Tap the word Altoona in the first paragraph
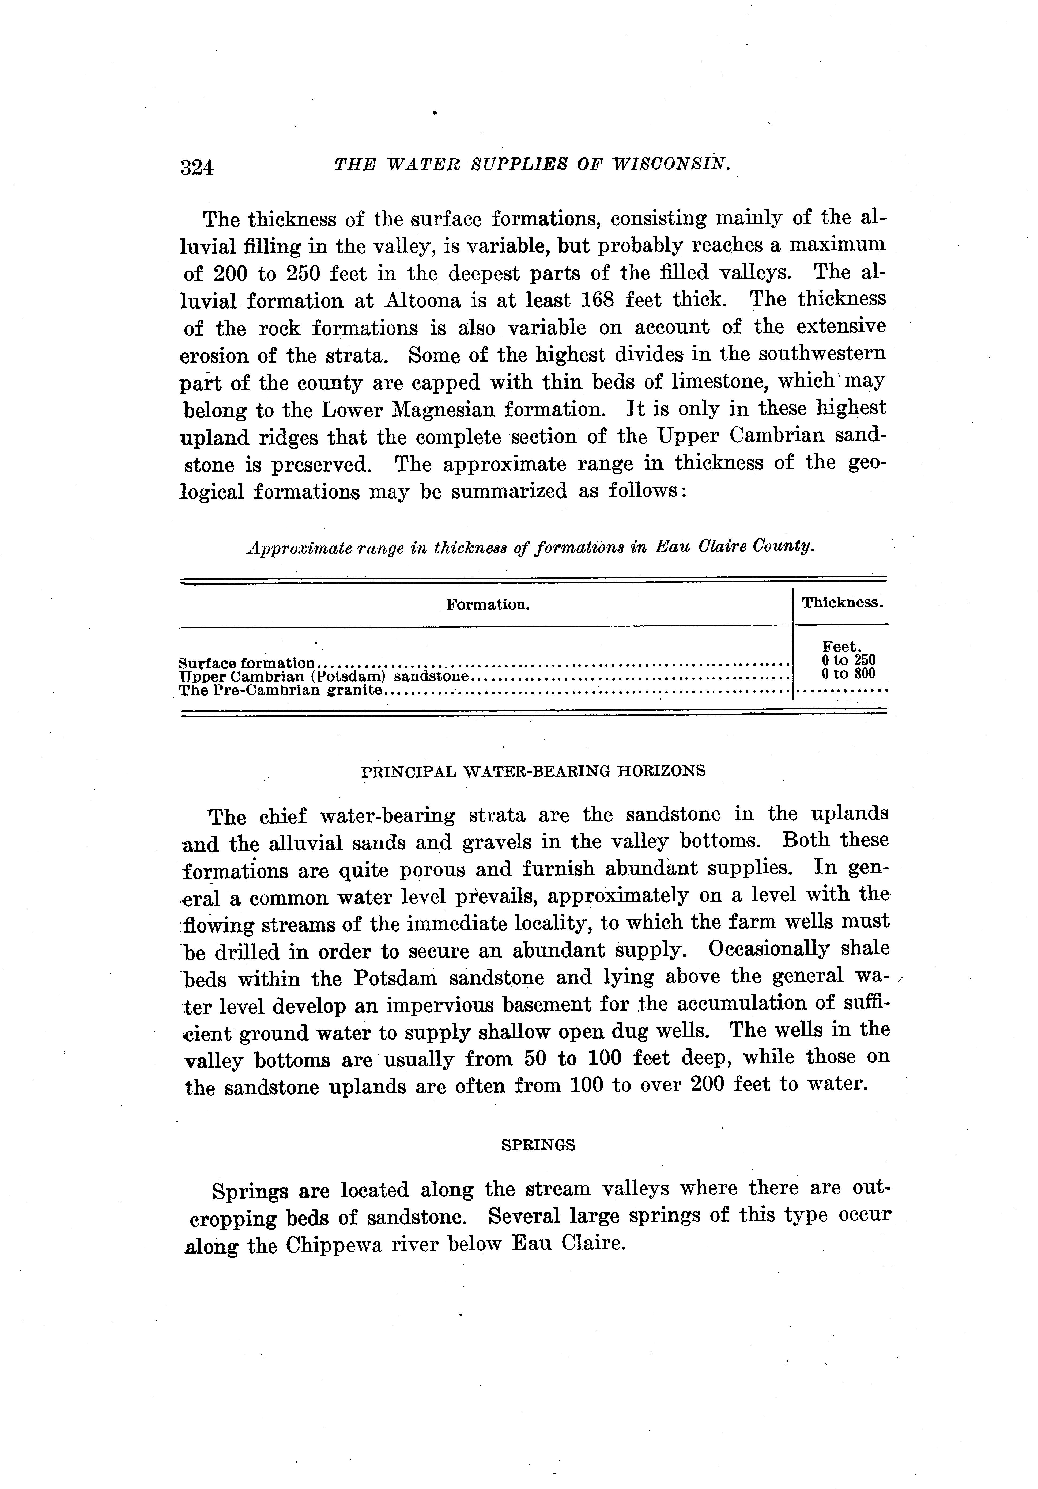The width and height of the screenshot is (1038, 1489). pos(428,300)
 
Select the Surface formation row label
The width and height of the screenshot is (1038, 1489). pos(247,663)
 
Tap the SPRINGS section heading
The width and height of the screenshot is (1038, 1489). pos(538,1145)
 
